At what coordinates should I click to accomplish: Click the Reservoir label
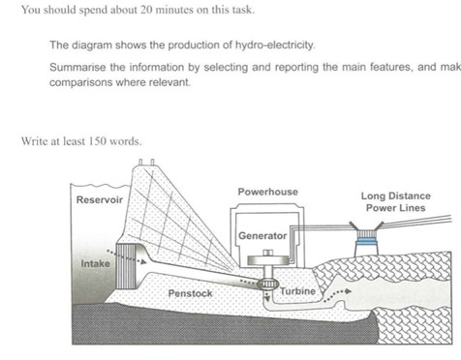click(99, 199)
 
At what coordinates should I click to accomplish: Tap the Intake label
click(95, 262)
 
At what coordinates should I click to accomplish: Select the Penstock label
click(190, 292)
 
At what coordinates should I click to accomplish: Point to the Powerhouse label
click(267, 192)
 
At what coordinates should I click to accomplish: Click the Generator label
click(262, 235)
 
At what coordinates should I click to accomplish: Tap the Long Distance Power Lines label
click(396, 201)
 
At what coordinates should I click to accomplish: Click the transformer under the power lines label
click(369, 244)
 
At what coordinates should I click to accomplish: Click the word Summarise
click(77, 66)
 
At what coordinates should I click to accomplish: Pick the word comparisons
click(83, 82)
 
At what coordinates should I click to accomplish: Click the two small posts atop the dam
click(142, 162)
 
